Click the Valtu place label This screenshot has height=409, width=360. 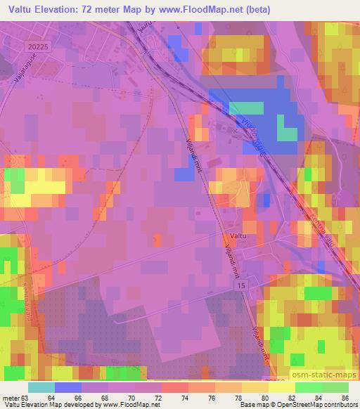[238, 238]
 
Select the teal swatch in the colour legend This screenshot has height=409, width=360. [41, 387]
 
